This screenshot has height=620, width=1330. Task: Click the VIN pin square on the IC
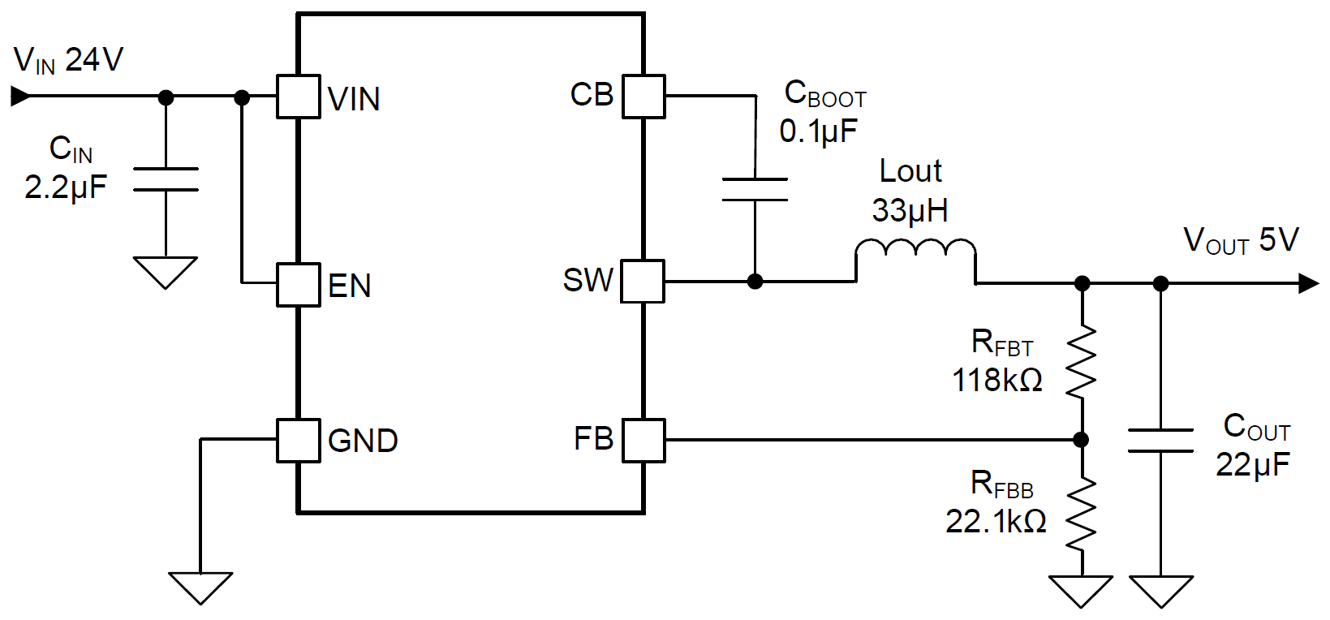[298, 97]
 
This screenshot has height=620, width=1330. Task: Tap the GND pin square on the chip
[298, 441]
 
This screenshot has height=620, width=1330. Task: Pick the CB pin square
[643, 97]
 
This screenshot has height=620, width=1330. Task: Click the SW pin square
[643, 282]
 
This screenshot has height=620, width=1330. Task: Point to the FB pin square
[643, 441]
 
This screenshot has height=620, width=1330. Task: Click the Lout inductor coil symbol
[915, 252]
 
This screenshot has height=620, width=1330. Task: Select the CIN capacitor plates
[166, 179]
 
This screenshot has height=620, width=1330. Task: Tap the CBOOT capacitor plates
[755, 189]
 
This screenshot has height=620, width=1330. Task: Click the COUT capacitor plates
[1160, 441]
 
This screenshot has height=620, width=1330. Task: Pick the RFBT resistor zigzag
[1081, 362]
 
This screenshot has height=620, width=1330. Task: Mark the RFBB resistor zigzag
[1081, 513]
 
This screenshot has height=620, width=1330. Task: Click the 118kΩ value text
[996, 380]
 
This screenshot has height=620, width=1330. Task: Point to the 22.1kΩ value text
[995, 521]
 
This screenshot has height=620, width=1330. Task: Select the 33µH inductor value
[910, 211]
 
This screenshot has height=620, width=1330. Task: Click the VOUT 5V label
[1241, 240]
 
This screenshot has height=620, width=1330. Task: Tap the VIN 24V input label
[68, 60]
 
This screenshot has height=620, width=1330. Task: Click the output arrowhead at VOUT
[1308, 283]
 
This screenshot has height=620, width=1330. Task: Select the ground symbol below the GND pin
[200, 587]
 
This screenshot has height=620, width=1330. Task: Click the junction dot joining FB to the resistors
[1081, 440]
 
